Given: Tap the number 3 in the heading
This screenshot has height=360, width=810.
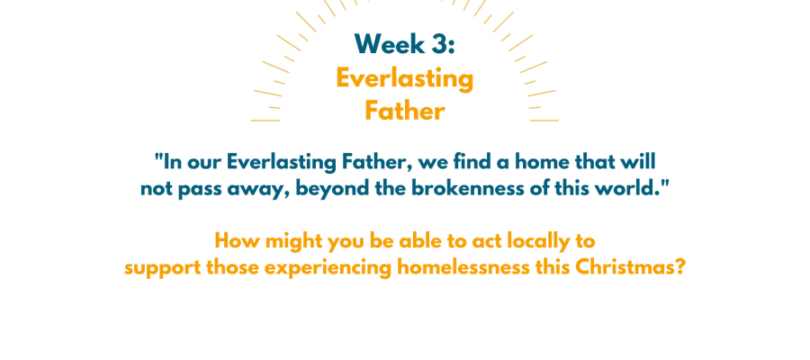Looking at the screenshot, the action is tap(436, 44).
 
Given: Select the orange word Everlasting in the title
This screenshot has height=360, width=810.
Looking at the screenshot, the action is tap(404, 79).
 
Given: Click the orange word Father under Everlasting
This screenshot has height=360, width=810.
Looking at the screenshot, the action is tap(404, 111).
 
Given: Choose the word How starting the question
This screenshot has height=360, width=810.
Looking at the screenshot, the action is tap(232, 240).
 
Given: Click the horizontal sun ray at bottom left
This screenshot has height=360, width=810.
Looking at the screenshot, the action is tap(265, 121).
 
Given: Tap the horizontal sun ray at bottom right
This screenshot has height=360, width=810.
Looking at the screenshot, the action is tap(544, 121).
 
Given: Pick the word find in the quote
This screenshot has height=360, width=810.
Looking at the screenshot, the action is tap(471, 162).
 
